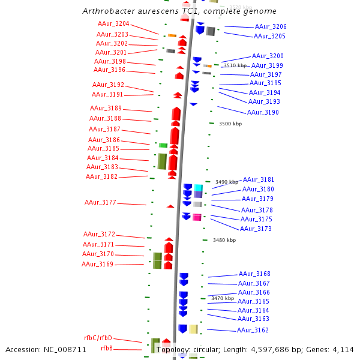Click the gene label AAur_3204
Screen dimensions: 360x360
point(113,23)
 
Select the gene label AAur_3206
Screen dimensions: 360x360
point(271,27)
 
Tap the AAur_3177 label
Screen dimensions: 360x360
point(100,203)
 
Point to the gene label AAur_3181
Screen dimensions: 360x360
point(259,180)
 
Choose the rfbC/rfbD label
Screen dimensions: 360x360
point(98,338)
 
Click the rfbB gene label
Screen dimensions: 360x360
point(107,348)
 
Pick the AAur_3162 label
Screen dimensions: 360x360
point(253,331)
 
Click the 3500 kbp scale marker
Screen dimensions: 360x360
point(230,124)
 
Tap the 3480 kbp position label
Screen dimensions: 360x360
point(224,240)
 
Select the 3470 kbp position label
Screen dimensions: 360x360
point(223,298)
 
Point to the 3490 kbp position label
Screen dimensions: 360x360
point(227,182)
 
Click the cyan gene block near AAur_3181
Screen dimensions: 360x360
point(198,188)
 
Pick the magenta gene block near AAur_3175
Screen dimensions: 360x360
point(197,217)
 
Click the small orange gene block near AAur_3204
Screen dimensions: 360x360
point(172,35)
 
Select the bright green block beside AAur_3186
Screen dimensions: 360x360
point(163,145)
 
